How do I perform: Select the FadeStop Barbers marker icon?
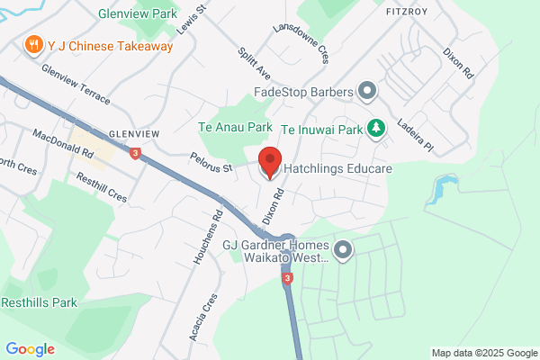point(366,90)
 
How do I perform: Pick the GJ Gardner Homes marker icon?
point(342,250)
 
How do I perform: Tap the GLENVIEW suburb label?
point(134,133)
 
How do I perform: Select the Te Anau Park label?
point(235,129)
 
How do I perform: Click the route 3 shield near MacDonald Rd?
point(134,153)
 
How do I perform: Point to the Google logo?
point(30,349)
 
